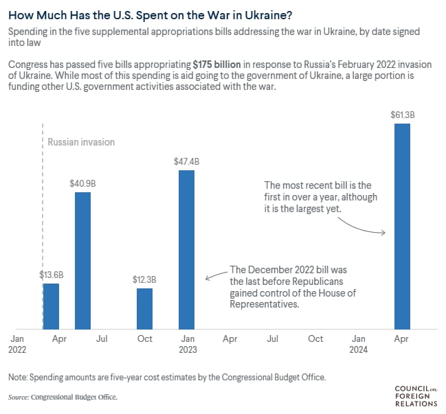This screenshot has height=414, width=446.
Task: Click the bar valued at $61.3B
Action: pos(402,227)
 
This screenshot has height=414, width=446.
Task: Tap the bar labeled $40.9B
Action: pos(82,261)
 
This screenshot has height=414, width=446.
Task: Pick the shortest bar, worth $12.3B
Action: pos(144,309)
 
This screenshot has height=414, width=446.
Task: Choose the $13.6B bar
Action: pos(52,306)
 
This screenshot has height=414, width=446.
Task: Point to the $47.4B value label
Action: pos(186,161)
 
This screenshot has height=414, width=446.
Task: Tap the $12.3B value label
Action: pos(144,279)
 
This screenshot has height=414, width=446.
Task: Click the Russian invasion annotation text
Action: pos(81,142)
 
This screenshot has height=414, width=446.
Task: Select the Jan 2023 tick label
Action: pos(187,344)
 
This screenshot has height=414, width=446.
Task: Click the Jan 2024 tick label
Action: pos(359,344)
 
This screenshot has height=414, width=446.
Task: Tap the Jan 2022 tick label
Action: pos(17,344)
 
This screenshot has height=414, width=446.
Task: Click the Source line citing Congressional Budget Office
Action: pos(63,397)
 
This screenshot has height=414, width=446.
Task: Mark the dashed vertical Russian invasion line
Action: pos(43,206)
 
